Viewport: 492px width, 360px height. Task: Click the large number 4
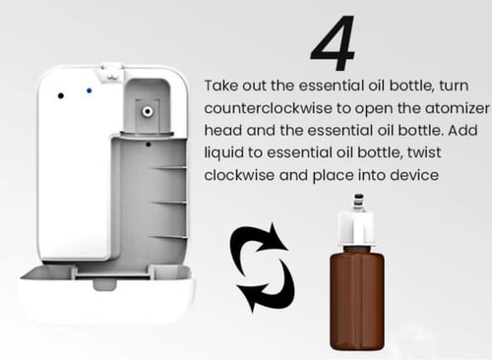tap(333, 42)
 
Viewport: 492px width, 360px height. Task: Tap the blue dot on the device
tap(89, 90)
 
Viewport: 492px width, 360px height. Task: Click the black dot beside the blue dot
tap(61, 95)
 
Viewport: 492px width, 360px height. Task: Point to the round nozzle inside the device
tap(148, 111)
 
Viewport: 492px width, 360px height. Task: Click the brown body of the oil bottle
tap(357, 298)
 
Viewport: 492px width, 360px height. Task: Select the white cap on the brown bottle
tap(356, 228)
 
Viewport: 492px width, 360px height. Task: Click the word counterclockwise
tap(268, 108)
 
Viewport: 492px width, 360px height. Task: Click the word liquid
tap(223, 153)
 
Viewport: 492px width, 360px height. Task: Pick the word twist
tap(424, 152)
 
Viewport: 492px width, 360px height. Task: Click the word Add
tap(462, 131)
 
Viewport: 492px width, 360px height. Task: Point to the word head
tap(223, 131)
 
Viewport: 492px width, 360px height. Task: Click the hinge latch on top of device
tap(110, 72)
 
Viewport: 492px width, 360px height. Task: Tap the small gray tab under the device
tap(104, 284)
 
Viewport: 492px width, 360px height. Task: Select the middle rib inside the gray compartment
tap(168, 203)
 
